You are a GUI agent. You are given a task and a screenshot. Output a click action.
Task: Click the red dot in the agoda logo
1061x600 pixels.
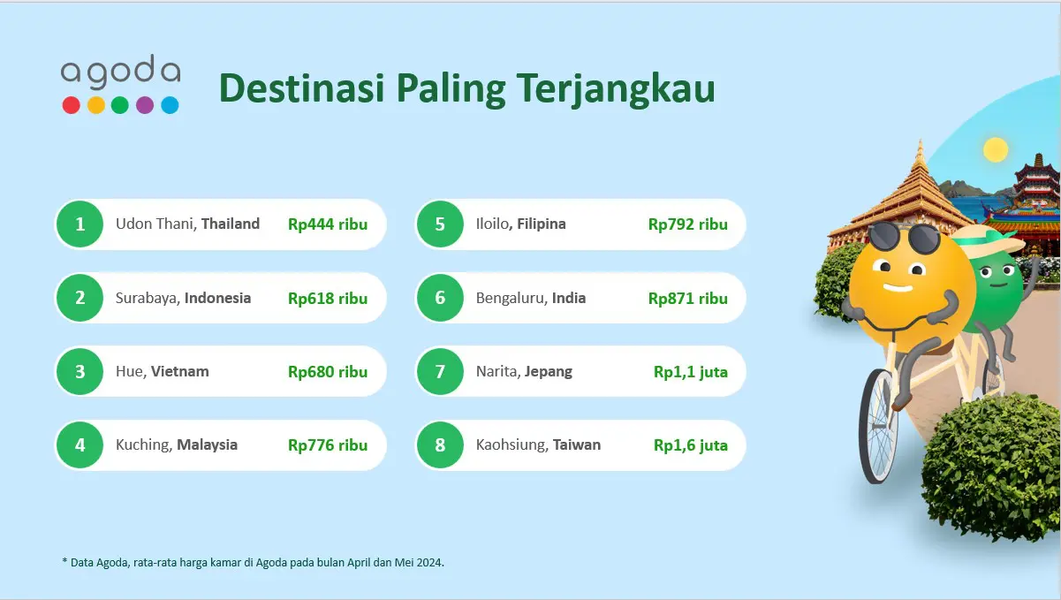pos(71,105)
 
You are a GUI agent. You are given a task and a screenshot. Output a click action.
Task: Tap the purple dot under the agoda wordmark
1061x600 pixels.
pos(145,105)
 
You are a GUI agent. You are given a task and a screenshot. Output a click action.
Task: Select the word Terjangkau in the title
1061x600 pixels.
pos(615,89)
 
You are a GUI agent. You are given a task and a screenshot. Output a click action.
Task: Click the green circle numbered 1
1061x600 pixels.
pos(80,224)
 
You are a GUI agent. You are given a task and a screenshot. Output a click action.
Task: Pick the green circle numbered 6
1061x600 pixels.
pos(440,298)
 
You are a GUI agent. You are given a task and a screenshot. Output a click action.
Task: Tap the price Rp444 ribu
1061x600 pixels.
pos(328,224)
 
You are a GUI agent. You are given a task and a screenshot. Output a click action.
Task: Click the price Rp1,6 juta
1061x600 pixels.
pos(691,445)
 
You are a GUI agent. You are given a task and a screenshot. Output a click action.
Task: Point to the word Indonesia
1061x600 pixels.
pos(217,298)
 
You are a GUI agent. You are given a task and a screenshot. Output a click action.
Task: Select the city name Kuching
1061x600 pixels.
pos(143,445)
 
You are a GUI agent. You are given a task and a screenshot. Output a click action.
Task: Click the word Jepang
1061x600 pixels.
pos(548,372)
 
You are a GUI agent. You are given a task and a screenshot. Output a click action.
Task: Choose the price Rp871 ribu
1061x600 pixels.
pos(688,299)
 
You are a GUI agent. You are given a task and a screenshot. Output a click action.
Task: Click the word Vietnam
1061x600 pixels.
pos(179,371)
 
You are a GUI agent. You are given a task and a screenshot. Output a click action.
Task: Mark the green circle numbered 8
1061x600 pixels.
pos(440,445)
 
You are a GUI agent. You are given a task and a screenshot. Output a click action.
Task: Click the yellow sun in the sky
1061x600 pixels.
pos(995,149)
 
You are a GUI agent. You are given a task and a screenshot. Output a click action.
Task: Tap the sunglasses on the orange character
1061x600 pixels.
pos(904,237)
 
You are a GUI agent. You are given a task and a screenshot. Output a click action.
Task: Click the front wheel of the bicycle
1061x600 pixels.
pos(878,427)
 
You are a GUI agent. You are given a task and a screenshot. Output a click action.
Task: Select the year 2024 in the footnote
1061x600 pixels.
pos(429,563)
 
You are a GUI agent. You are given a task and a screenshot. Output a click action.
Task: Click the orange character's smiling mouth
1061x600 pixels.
pos(897,288)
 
